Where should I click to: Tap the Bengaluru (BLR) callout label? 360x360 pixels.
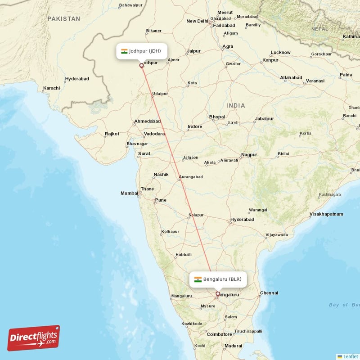tap(218, 279)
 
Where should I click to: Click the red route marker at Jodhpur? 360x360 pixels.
tap(142, 66)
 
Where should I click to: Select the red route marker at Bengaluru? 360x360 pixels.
tap(218, 294)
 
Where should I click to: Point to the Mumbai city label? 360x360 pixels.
tap(129, 193)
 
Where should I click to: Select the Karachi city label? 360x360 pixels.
tap(51, 88)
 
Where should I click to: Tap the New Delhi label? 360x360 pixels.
tap(197, 21)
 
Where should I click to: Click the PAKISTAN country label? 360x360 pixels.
tap(64, 19)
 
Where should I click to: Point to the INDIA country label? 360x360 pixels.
tap(236, 106)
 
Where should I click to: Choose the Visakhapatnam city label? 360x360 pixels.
tap(325, 214)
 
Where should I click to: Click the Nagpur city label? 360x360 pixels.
tap(249, 155)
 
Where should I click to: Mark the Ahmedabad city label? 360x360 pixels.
tap(147, 121)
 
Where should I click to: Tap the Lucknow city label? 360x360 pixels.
tap(280, 53)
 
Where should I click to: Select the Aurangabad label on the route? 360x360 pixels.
tap(191, 177)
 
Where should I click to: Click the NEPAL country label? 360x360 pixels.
tap(319, 29)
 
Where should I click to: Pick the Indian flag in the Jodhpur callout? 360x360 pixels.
tap(124, 51)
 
